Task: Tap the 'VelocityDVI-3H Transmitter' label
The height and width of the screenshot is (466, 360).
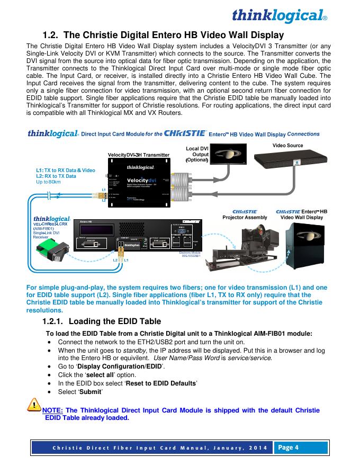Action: tap(139, 155)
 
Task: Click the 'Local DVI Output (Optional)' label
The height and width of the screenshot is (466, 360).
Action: tap(197, 154)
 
